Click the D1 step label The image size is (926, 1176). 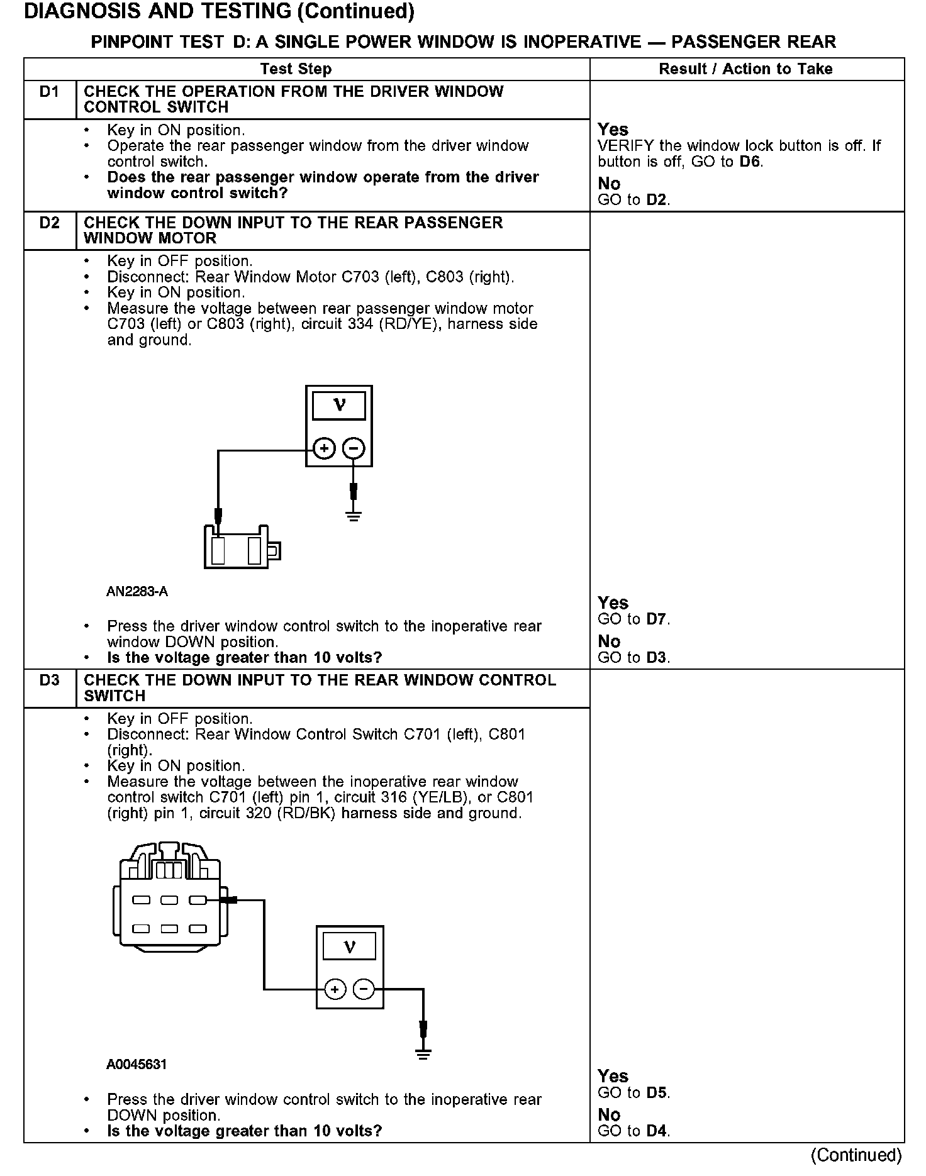pos(49,92)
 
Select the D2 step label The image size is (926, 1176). pos(49,223)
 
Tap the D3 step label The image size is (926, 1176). pos(49,680)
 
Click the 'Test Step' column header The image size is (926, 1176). pos(296,69)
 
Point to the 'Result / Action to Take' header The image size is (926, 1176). pos(745,69)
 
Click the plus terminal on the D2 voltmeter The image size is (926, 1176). pos(324,449)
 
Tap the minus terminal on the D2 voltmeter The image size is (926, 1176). pos(354,449)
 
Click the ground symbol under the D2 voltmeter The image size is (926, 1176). pos(354,517)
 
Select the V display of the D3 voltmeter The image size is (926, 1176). pos(350,946)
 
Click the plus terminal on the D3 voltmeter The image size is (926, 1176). pos(335,990)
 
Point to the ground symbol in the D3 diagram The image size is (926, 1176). pos(423,1054)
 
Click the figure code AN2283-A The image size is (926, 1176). pos(137,592)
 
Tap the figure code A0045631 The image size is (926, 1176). pos(137,1065)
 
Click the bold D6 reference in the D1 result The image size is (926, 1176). pos(750,162)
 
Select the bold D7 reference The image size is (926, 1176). pos(657,619)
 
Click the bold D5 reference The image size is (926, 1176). pos(657,1093)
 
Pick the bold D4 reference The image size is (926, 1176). pos(657,1131)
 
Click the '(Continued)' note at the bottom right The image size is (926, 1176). pos(856,1155)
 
